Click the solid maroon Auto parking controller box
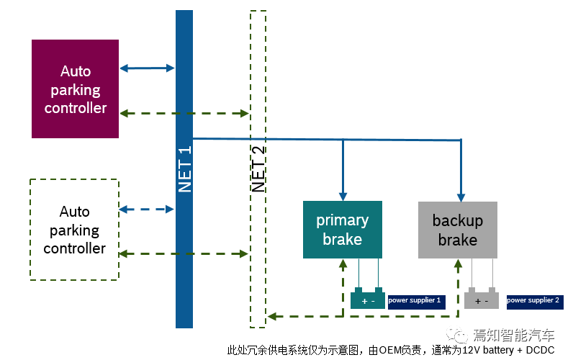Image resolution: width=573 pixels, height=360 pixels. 75,89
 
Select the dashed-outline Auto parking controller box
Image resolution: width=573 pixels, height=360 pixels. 74,230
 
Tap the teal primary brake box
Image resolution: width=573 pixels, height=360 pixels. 343,230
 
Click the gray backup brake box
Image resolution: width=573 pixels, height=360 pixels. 457,230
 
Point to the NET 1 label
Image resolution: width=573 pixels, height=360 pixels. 184,170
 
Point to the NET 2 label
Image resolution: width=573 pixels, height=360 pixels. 258,170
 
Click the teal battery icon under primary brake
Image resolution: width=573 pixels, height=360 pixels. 368,299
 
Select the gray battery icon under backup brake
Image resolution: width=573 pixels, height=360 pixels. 482,299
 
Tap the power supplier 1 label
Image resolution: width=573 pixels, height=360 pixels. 415,300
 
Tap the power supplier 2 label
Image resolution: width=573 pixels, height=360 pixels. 533,300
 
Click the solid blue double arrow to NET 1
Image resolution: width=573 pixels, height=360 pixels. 148,68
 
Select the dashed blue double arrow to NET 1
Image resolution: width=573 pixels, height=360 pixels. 148,210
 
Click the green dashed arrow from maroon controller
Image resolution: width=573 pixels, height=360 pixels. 184,113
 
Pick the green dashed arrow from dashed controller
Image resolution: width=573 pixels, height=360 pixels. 184,253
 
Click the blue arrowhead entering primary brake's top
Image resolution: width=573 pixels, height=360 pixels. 343,195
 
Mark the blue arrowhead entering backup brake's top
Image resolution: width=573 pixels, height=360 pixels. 461,195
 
